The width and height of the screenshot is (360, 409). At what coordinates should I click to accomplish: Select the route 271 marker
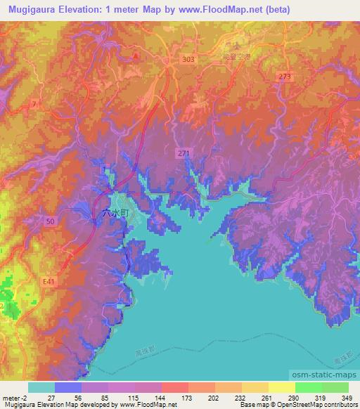click(x=183, y=152)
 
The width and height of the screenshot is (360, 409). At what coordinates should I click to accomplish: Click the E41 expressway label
click(x=48, y=281)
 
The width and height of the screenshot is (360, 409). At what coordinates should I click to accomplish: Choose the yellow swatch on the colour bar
click(x=281, y=387)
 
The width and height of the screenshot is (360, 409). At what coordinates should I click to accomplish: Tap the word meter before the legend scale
click(x=11, y=397)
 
